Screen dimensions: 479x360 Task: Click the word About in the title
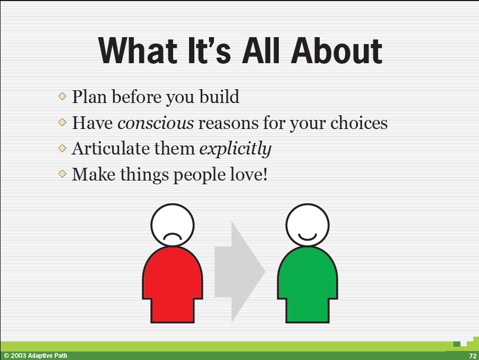coord(336,50)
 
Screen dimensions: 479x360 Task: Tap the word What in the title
coord(138,50)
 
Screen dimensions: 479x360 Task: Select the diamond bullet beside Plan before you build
coord(62,97)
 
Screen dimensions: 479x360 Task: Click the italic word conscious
coord(156,123)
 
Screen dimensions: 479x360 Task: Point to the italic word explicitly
coord(235,150)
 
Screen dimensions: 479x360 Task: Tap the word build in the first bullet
coord(219,97)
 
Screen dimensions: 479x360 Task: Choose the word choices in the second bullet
coord(359,123)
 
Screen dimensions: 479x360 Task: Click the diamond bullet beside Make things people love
coord(62,174)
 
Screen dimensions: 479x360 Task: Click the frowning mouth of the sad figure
coord(172,236)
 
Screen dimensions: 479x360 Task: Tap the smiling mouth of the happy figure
coord(307,237)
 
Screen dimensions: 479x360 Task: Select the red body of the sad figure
coord(173,284)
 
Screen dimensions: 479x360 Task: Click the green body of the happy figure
coord(307,284)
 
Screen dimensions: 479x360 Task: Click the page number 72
coord(473,356)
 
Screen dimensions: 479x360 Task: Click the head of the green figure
coord(307,225)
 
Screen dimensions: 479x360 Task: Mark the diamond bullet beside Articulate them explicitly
coord(62,148)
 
